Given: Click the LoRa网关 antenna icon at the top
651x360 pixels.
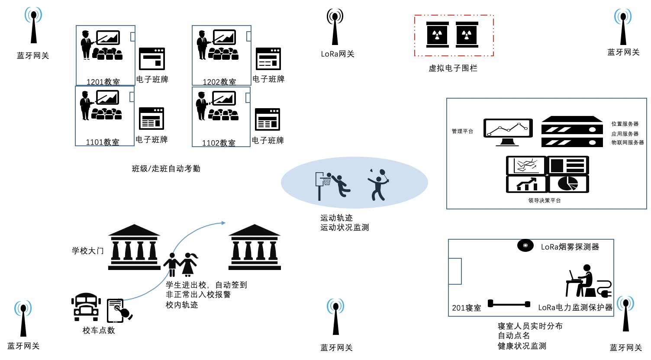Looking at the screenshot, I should (x=335, y=27).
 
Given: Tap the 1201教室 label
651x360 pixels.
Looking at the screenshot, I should (x=103, y=82).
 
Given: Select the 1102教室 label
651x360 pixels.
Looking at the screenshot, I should (x=219, y=143).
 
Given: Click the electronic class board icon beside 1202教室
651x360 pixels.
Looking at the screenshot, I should (x=268, y=59).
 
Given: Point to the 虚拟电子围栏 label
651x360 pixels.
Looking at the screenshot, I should (x=453, y=68).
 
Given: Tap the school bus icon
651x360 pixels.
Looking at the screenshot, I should (x=86, y=307).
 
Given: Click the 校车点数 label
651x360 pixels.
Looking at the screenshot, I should (x=99, y=331).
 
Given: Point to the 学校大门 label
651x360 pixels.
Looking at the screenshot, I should (x=88, y=251).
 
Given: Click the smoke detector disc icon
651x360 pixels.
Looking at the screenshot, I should (x=525, y=245).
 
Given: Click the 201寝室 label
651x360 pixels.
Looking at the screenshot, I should (x=466, y=308).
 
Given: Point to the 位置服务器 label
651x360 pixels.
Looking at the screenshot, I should (x=625, y=124).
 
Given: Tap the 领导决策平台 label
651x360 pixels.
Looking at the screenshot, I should (x=544, y=200).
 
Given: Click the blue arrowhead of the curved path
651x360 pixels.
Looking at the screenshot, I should (x=223, y=223).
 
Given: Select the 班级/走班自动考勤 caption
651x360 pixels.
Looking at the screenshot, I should (x=166, y=169).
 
